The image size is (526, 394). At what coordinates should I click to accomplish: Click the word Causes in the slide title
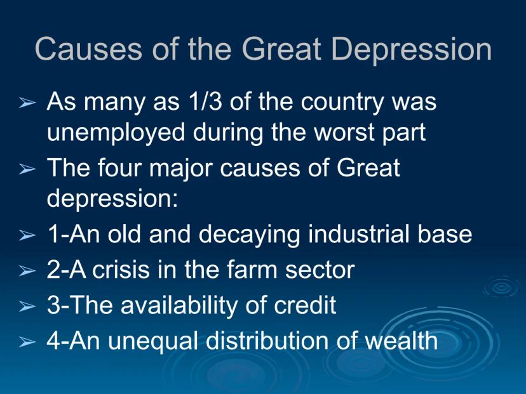pos(88,49)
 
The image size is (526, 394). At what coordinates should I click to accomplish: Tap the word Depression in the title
pos(411,51)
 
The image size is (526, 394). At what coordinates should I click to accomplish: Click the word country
pos(342,103)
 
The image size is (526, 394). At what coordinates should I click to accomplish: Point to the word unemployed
pos(116,133)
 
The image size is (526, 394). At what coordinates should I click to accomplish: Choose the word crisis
pos(121,269)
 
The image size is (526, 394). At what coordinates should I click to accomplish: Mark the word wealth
pos(401,341)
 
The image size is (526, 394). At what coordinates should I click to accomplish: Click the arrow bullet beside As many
pos(27,103)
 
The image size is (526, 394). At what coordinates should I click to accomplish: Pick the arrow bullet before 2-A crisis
pos(27,270)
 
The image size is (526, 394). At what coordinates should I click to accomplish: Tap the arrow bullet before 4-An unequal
pos(27,342)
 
